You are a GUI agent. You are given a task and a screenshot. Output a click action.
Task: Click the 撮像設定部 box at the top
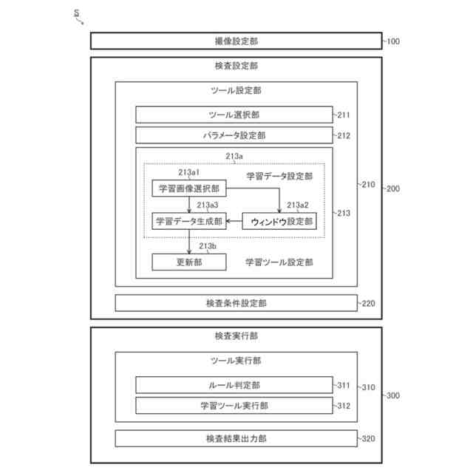point(236,41)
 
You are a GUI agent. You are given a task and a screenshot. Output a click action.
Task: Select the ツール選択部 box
point(234,115)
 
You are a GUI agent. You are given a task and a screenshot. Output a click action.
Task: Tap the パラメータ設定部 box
point(234,135)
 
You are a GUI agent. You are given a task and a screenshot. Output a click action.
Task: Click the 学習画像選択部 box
point(188,188)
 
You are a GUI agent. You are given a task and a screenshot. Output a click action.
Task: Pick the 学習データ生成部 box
point(188,221)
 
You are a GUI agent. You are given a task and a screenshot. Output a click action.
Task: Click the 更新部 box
point(188,262)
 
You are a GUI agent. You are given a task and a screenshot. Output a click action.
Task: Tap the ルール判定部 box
point(234,385)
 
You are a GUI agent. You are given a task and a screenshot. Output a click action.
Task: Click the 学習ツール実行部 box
point(234,406)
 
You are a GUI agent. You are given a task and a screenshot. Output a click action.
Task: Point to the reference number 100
point(392,41)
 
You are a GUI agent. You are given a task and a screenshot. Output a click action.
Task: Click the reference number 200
point(392,189)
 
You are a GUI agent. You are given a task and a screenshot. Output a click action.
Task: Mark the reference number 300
point(392,396)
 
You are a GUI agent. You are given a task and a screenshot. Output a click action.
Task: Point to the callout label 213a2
point(298,205)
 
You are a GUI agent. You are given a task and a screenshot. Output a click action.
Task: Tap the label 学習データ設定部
point(279,177)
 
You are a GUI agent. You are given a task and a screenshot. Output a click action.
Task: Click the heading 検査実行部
point(236,336)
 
